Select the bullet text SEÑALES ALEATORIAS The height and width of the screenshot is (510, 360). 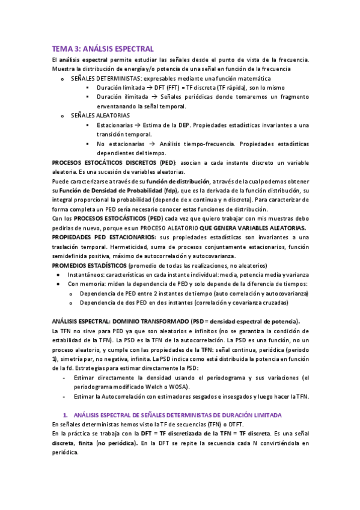tap(100, 115)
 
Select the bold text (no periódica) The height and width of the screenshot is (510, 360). tap(113, 443)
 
